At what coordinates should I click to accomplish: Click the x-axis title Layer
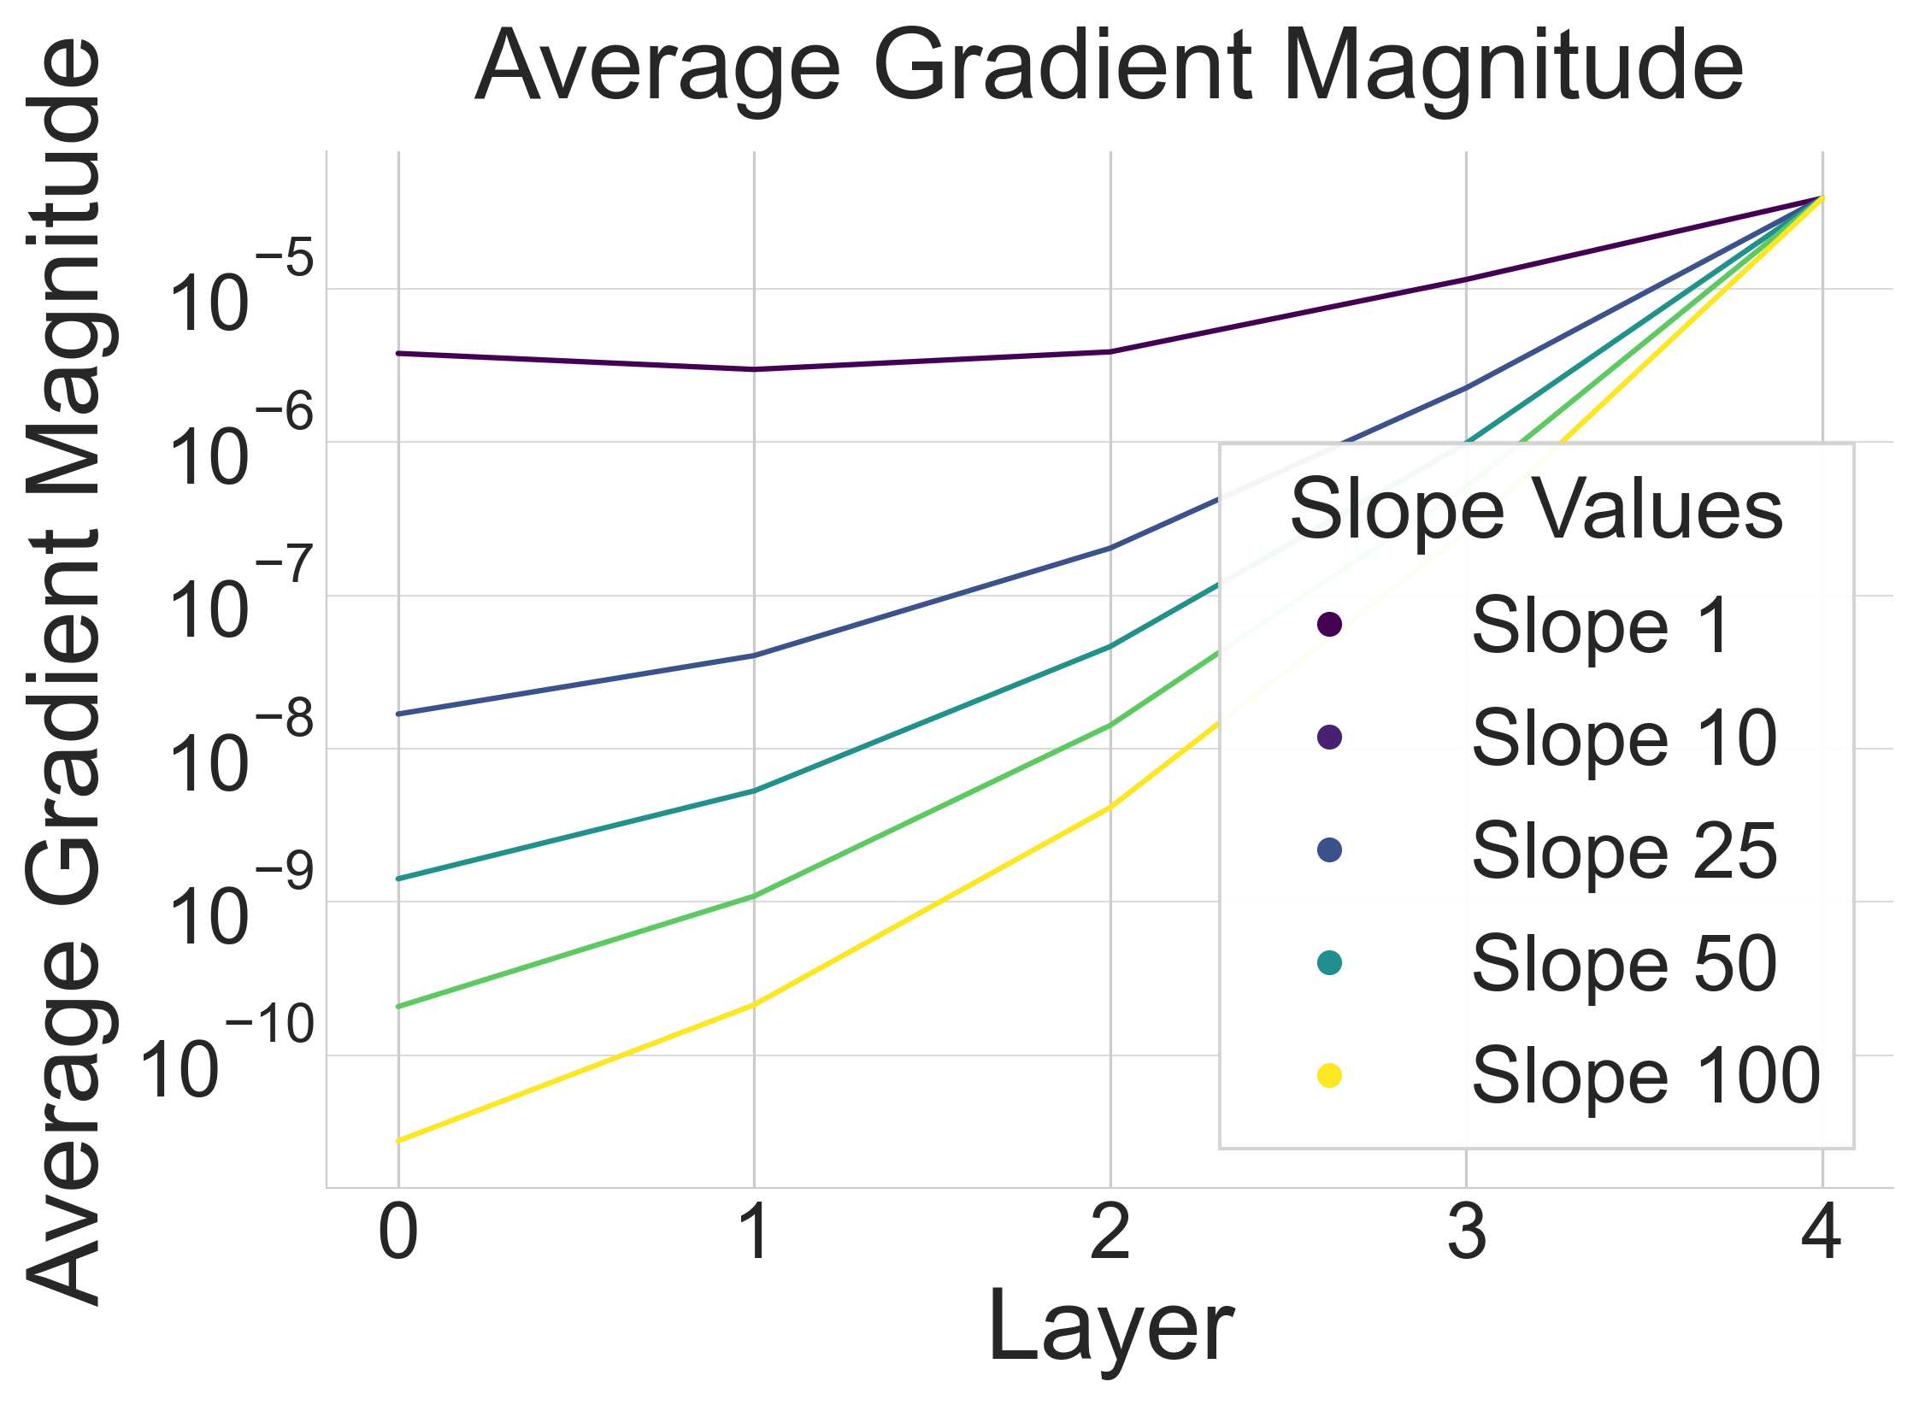coord(1110,1326)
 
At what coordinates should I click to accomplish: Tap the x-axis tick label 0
coord(398,1233)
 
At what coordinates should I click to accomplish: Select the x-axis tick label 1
coord(754,1233)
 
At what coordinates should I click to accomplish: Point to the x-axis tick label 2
coord(1110,1233)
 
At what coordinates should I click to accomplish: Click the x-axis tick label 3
coord(1466,1233)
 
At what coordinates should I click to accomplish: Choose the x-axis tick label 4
coord(1822,1233)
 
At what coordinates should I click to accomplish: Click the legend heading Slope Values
coord(1536,509)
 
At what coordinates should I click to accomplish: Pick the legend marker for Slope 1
coord(1330,625)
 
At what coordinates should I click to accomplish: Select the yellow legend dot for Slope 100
coord(1330,1076)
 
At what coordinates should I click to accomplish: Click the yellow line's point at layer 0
coord(398,1141)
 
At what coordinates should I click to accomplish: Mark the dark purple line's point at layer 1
coord(754,369)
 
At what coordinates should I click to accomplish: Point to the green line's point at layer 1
coord(754,896)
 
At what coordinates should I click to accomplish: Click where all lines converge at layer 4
coord(1822,198)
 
